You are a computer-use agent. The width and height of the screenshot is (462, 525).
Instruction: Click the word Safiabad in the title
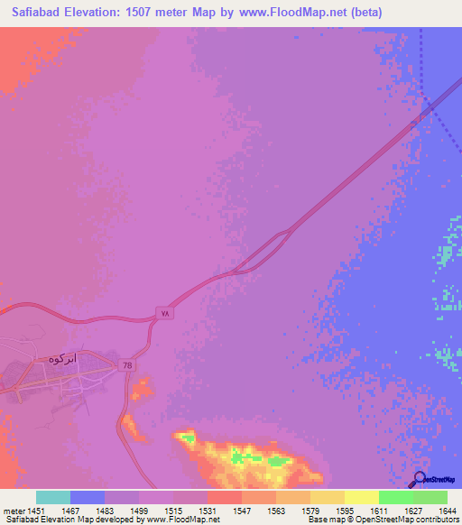(40, 12)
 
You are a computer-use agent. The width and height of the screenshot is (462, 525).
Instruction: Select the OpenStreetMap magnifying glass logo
(418, 478)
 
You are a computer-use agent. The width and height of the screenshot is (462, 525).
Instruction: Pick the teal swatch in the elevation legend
(53, 497)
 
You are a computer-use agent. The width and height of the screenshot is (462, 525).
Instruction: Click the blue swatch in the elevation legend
(88, 497)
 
